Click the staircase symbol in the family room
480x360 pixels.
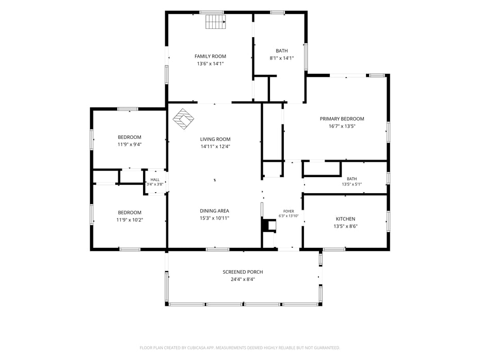point(216,22)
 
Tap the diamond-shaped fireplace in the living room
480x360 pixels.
point(183,119)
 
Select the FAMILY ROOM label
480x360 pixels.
point(210,56)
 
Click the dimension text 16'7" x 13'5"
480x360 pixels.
point(342,126)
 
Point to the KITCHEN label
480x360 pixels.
point(346,219)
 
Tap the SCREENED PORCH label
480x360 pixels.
point(243,272)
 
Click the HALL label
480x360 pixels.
point(155,180)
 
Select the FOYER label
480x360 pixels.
point(289,211)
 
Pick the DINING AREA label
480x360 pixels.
point(214,211)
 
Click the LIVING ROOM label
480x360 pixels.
point(215,139)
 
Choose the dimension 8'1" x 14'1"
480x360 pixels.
point(282,58)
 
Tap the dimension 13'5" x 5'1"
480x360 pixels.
point(351,184)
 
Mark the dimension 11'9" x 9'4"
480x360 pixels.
point(130,145)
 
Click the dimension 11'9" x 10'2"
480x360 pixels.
point(130,220)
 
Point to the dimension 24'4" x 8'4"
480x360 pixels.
point(243,279)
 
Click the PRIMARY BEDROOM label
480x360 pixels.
point(342,119)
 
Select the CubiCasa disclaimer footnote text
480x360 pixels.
point(239,348)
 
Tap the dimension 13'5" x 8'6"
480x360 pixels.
point(346,226)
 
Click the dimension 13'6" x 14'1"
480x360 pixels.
point(210,64)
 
